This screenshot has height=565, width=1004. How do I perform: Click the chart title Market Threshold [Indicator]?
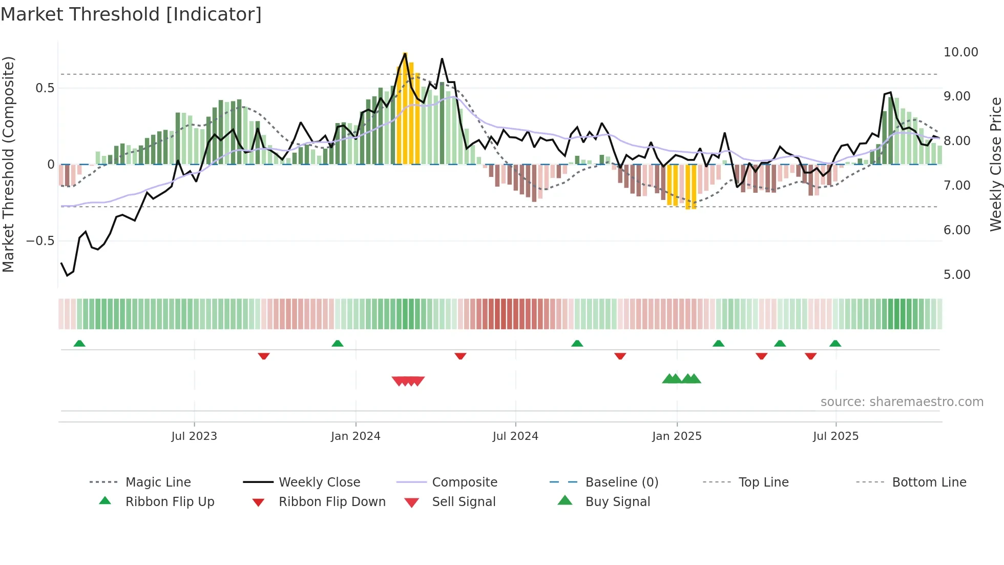[131, 14]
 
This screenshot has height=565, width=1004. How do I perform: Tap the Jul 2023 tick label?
[194, 436]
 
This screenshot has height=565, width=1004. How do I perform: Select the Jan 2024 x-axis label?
[355, 436]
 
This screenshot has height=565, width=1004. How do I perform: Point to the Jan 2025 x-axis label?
[677, 436]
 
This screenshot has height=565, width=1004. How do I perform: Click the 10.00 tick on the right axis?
[960, 52]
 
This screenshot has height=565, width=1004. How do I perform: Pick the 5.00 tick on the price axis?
[957, 275]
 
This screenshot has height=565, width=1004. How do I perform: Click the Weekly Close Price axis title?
[995, 164]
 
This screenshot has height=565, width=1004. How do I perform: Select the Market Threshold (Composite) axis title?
[8, 164]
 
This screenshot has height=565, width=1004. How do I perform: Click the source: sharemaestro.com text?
[902, 402]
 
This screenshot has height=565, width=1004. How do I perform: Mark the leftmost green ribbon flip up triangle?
[79, 344]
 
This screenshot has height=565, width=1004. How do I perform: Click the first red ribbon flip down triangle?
[264, 356]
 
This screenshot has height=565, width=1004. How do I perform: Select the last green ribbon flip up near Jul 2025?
[835, 344]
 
